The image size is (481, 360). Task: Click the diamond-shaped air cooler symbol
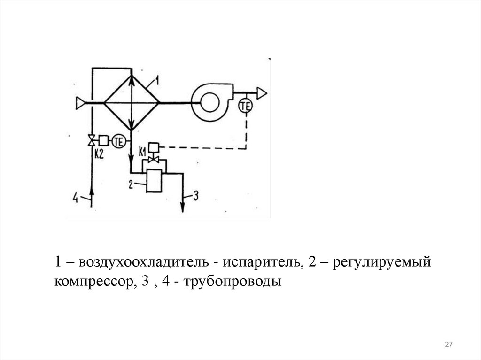(x=131, y=101)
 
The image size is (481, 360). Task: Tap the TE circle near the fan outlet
(x=245, y=106)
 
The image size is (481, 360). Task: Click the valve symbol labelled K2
(x=92, y=140)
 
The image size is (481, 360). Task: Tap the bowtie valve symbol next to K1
(x=153, y=160)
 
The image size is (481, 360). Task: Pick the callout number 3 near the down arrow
(x=196, y=196)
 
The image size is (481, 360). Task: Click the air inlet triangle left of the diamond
(x=79, y=101)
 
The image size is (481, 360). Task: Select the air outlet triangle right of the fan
(x=261, y=94)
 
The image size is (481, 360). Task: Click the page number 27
(x=449, y=345)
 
